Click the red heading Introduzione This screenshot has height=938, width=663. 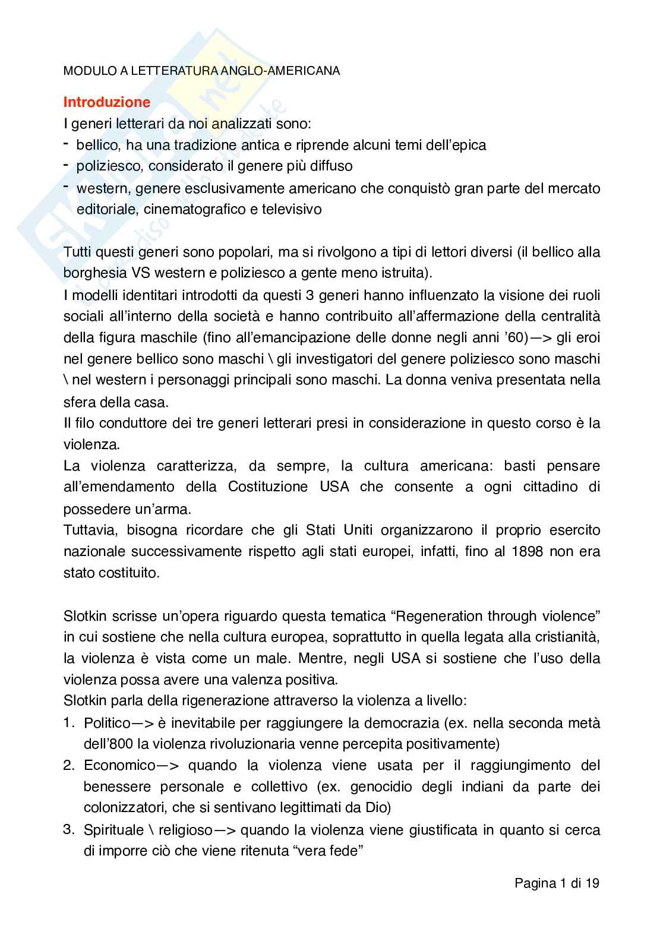click(x=107, y=102)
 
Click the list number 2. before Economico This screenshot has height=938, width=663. click(x=69, y=765)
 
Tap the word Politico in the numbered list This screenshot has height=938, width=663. click(x=107, y=723)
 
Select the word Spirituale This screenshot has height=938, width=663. click(x=114, y=830)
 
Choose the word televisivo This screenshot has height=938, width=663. click(x=292, y=210)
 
